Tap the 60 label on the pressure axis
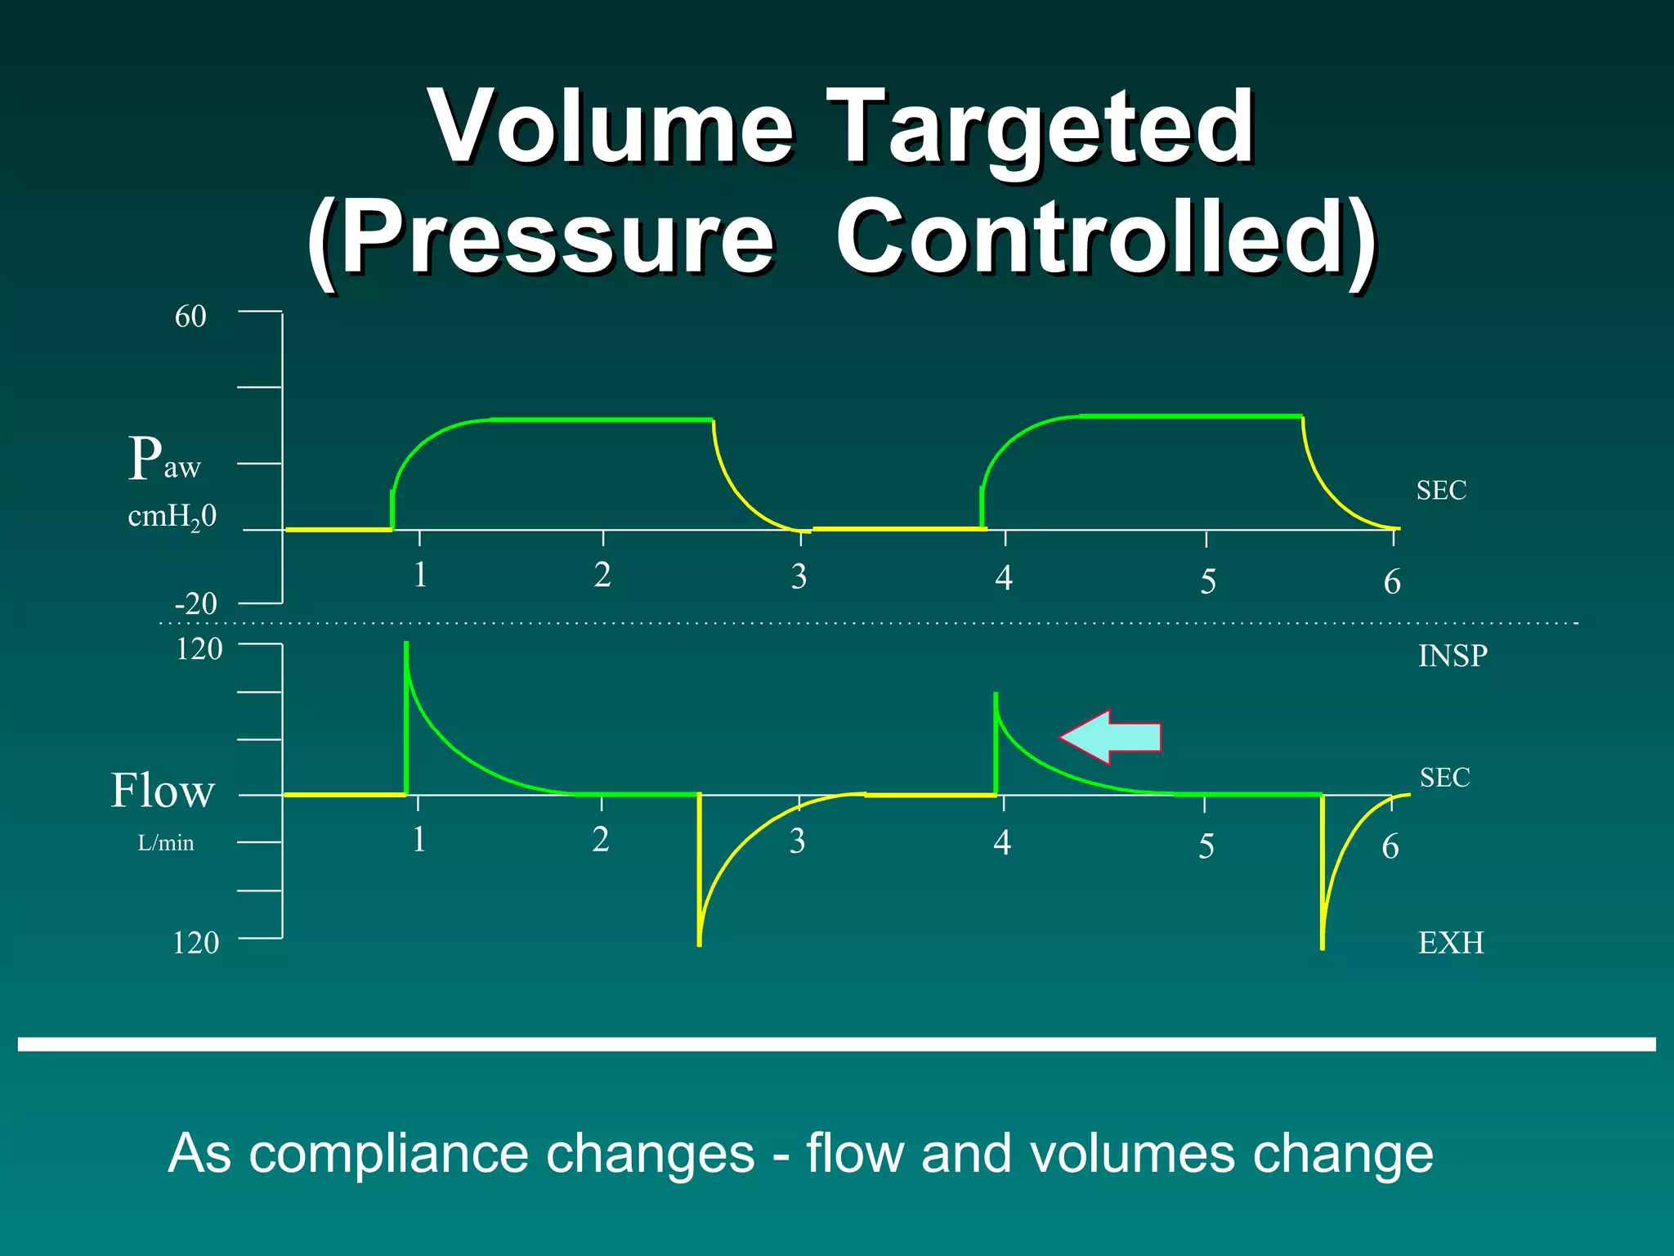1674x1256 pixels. click(x=190, y=316)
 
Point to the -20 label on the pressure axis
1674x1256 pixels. click(x=196, y=604)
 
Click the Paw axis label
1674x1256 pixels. click(x=163, y=459)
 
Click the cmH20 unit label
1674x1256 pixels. click(x=172, y=517)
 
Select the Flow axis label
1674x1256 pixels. click(x=163, y=791)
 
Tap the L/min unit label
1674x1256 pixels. click(x=166, y=843)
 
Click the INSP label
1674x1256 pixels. click(x=1452, y=656)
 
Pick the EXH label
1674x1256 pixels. click(x=1451, y=943)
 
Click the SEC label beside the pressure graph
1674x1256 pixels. click(x=1441, y=491)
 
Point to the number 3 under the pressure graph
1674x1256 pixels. click(x=799, y=577)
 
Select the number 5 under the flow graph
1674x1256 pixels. click(x=1206, y=846)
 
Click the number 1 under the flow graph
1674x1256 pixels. click(x=418, y=840)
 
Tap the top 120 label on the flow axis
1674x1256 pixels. click(x=199, y=649)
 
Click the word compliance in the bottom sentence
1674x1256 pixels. click(x=502, y=1154)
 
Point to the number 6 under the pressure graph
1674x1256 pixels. click(x=1392, y=582)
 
